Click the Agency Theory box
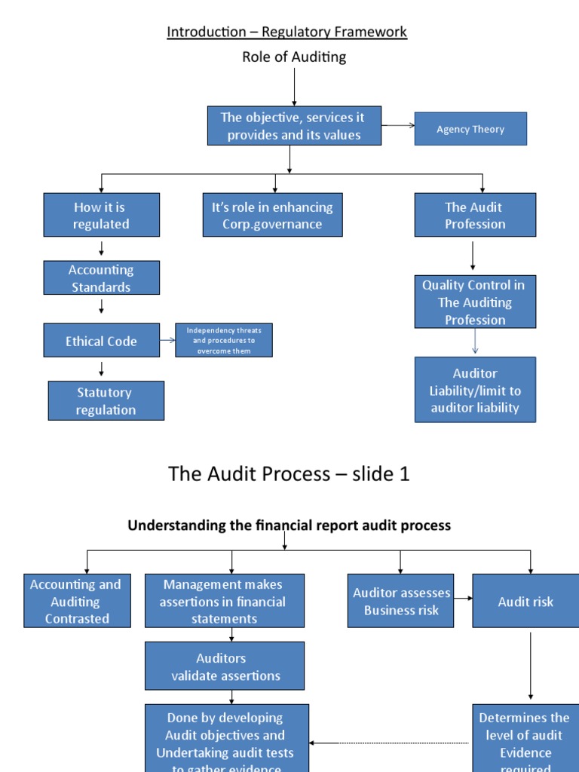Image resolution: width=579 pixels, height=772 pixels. [470, 129]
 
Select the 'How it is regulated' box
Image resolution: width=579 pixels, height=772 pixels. [102, 215]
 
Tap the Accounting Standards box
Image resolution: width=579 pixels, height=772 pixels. [102, 277]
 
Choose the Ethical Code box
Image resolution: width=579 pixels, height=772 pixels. [102, 341]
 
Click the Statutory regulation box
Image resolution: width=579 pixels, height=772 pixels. [106, 400]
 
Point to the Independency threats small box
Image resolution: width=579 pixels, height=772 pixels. [224, 340]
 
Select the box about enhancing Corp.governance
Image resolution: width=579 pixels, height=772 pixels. [273, 215]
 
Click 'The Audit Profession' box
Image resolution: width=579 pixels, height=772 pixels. [475, 215]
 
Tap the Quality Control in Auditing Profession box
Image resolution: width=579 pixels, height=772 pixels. [475, 302]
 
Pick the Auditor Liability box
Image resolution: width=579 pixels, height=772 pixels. [475, 390]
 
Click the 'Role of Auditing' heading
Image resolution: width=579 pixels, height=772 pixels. [294, 57]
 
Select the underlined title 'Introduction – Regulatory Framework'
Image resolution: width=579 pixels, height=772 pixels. [286, 32]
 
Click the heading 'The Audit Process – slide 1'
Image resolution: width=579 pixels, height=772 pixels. [289, 473]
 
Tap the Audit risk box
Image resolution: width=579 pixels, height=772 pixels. [525, 601]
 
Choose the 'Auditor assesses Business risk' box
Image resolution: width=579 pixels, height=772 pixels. [401, 601]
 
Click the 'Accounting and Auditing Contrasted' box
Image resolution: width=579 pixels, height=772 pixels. [75, 601]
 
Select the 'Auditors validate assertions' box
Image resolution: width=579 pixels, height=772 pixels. [225, 666]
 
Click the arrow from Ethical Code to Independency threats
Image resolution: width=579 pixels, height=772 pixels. [167, 341]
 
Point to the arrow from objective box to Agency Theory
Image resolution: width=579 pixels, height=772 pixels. [399, 125]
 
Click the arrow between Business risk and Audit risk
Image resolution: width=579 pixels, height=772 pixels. [464, 601]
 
